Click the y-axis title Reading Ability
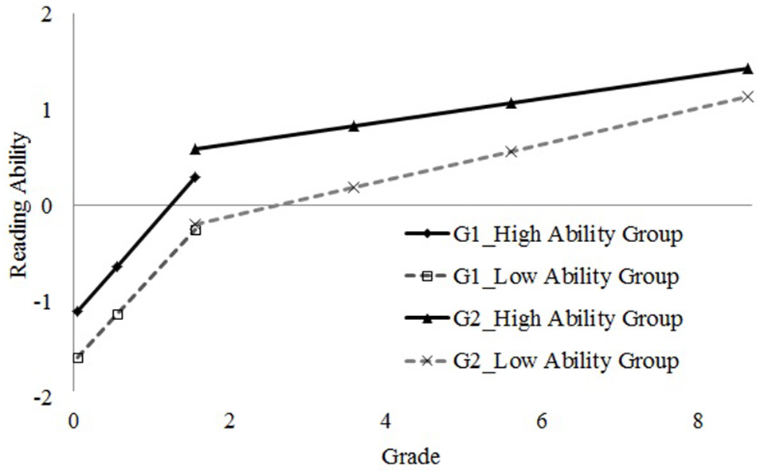click(19, 205)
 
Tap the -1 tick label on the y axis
click(49, 302)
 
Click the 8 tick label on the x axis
click(698, 420)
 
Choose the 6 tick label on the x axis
click(542, 420)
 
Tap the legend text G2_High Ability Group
click(567, 319)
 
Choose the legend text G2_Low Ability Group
click(566, 361)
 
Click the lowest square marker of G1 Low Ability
click(78, 358)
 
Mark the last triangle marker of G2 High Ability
click(747, 68)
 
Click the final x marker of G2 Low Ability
click(747, 96)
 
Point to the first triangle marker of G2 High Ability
click(195, 148)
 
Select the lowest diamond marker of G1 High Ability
click(77, 311)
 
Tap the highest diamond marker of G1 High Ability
click(195, 177)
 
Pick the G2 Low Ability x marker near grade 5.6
click(511, 151)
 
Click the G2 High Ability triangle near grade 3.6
click(354, 126)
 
